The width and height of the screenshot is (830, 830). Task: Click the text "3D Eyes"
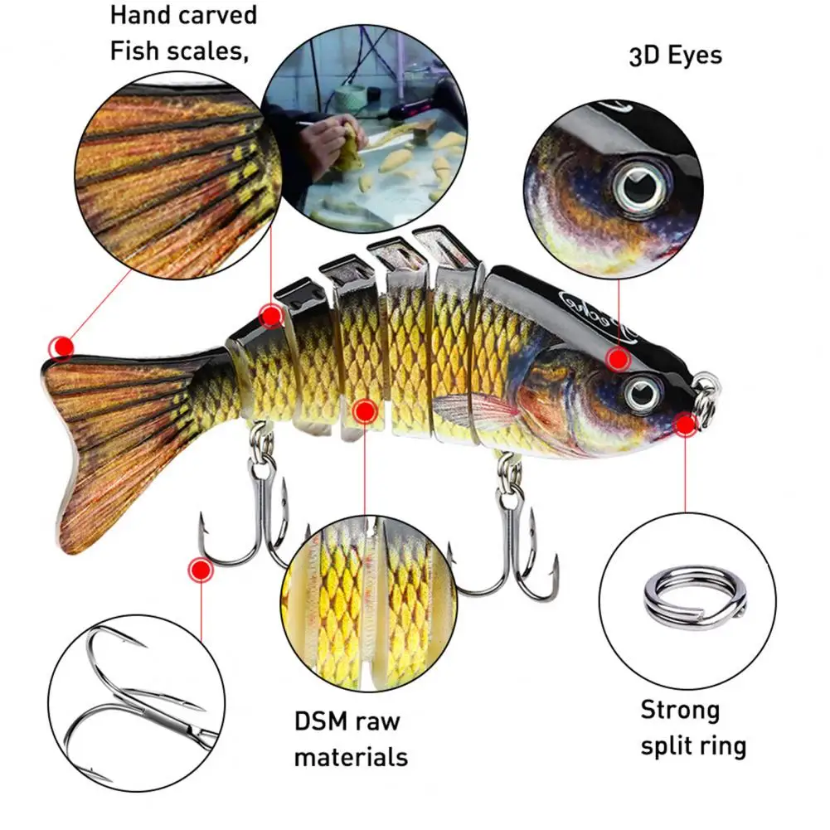[x=674, y=56]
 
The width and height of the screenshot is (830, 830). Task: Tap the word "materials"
[x=351, y=756]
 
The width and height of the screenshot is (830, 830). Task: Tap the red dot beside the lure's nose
[x=685, y=425]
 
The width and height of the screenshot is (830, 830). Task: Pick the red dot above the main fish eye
[x=618, y=359]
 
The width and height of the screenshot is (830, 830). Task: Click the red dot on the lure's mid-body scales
[x=364, y=410]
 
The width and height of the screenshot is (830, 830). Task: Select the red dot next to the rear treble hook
[x=199, y=570]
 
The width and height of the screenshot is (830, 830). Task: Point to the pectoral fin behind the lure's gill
[x=464, y=410]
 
